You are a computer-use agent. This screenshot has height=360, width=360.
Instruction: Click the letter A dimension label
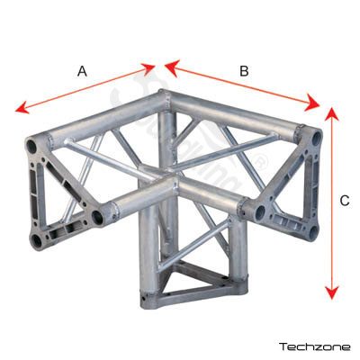point(82,72)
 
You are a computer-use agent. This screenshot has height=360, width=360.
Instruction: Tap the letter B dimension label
point(244,71)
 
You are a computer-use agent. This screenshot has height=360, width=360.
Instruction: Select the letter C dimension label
point(345,201)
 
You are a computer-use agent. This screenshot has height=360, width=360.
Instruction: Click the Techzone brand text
point(315,347)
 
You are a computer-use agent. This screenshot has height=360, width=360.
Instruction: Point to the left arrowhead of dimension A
point(22,108)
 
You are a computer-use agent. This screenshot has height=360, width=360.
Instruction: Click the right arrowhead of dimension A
point(148,68)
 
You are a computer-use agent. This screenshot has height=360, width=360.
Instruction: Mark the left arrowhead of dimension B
point(172,67)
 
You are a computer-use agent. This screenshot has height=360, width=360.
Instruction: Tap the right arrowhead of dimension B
point(312,103)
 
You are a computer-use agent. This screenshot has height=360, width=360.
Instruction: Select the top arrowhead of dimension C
point(331,114)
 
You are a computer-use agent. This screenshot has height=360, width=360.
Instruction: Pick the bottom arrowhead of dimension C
point(331,292)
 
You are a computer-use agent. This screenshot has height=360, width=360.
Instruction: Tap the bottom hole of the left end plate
point(37,240)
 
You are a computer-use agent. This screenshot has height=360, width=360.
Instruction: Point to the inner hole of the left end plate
point(97,217)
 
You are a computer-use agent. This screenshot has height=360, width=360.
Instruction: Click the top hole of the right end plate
point(316,139)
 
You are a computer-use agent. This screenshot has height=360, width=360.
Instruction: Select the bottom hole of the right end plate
point(313,232)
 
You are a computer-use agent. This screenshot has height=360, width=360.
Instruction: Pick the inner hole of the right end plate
point(260,211)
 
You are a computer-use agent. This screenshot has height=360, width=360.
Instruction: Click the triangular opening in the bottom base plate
point(183,282)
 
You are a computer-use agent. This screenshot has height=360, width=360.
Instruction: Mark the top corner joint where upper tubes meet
point(165,97)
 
